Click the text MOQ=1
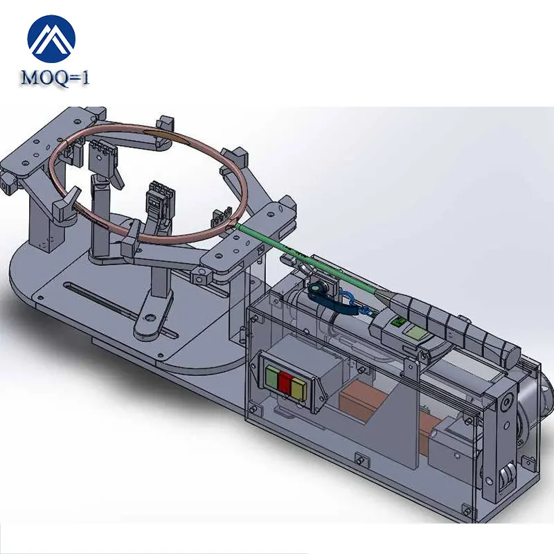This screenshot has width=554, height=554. [55, 78]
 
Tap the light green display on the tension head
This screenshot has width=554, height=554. [416, 335]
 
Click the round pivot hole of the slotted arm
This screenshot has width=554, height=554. [146, 321]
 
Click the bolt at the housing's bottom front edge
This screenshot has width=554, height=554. [359, 457]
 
